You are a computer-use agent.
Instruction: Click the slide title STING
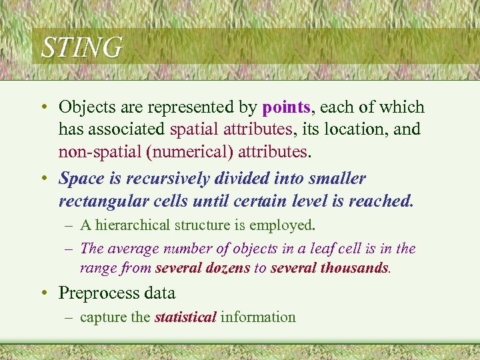click(82, 48)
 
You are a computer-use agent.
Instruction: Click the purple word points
click(287, 107)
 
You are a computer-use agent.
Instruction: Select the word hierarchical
click(133, 225)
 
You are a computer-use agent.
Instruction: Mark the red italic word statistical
click(185, 317)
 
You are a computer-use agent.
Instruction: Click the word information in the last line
click(258, 317)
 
